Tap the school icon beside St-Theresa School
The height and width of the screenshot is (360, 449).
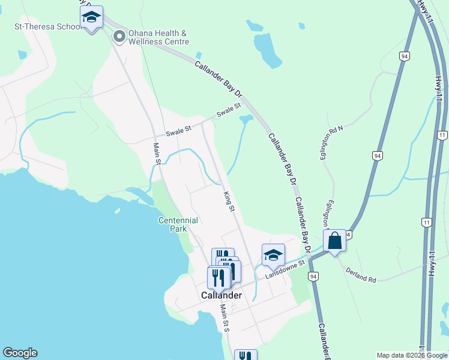pos(91,18)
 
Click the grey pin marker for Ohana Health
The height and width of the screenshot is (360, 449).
pos(119,37)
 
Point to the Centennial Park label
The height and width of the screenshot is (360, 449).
pos(178,224)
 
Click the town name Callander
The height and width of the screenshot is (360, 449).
pos(221,295)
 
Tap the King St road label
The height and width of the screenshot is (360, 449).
pos(228,201)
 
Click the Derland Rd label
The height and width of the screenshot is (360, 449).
pos(360,275)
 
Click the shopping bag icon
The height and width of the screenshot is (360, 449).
pos(335,241)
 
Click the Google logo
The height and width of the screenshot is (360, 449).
pos(20,353)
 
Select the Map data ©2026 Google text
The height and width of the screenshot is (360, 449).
pos(412,355)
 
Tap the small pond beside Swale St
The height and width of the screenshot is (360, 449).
pos(246,119)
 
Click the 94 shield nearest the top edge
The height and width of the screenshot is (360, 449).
pos(406,56)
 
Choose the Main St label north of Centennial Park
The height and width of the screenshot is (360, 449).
pos(157,153)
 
